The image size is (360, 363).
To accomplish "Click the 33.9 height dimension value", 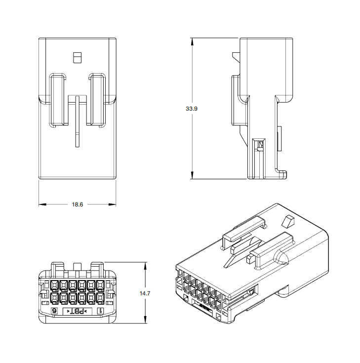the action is (x=192, y=109).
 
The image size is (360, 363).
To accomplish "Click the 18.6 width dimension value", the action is (x=78, y=204).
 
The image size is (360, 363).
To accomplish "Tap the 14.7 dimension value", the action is (x=145, y=293).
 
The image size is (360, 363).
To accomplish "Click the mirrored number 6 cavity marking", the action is (x=54, y=311).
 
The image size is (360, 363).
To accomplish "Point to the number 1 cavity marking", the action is (x=100, y=311).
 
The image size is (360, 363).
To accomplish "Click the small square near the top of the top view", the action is (x=77, y=58).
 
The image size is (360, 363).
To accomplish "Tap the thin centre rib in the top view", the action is (x=78, y=121).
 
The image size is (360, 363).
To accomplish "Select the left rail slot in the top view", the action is (x=57, y=100).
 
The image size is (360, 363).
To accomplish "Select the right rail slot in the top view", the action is (x=97, y=100).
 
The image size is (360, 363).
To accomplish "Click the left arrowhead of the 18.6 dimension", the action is (x=42, y=204).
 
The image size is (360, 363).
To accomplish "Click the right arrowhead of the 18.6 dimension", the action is (x=112, y=204).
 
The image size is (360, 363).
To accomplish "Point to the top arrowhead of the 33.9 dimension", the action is (x=192, y=41).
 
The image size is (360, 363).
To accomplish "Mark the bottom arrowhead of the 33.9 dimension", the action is (x=192, y=175).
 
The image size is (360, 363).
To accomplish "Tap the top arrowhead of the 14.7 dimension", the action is (x=145, y=266).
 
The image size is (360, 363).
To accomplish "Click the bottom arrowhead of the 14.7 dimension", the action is (x=145, y=320).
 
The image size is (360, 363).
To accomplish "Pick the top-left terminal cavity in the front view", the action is (x=54, y=285).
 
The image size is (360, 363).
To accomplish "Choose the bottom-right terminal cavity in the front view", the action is (x=100, y=299).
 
